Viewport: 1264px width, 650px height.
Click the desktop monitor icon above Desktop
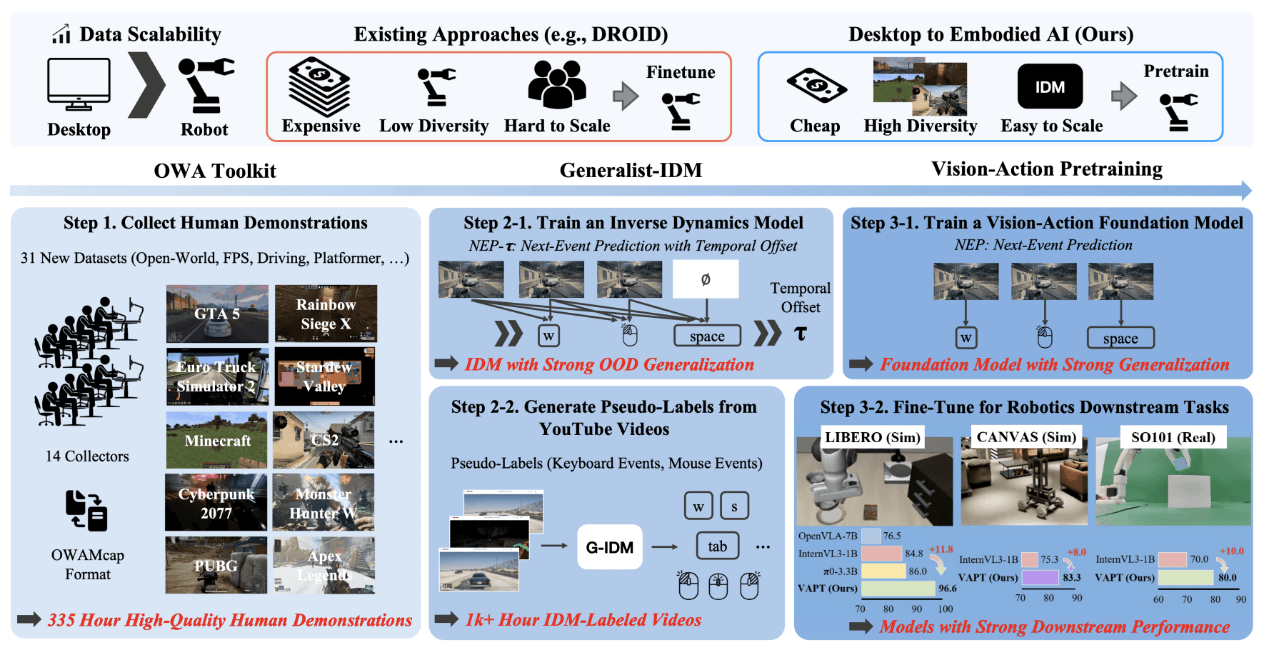(79, 84)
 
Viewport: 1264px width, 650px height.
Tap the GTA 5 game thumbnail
(217, 314)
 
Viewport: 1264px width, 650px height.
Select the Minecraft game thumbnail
(217, 440)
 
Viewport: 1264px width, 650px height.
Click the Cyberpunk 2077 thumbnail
(216, 503)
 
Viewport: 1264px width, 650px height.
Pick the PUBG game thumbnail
(216, 566)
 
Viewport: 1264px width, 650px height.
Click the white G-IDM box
(609, 547)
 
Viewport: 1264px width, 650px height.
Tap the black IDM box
(1050, 86)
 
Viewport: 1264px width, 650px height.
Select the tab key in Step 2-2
(717, 546)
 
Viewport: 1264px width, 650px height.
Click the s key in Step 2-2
(734, 506)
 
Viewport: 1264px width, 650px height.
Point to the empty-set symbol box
(706, 279)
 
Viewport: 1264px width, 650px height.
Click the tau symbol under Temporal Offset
(801, 334)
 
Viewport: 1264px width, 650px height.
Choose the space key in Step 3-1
(1120, 338)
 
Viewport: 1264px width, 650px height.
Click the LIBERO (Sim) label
(872, 437)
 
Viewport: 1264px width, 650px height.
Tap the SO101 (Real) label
(1173, 437)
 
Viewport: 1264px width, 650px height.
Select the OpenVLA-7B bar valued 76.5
(871, 536)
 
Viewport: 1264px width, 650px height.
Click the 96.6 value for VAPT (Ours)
(948, 589)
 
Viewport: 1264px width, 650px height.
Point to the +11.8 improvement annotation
(941, 549)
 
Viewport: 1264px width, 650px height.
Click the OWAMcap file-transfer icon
(86, 511)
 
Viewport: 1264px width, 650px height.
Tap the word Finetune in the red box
(681, 72)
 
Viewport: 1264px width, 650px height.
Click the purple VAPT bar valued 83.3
(1040, 577)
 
